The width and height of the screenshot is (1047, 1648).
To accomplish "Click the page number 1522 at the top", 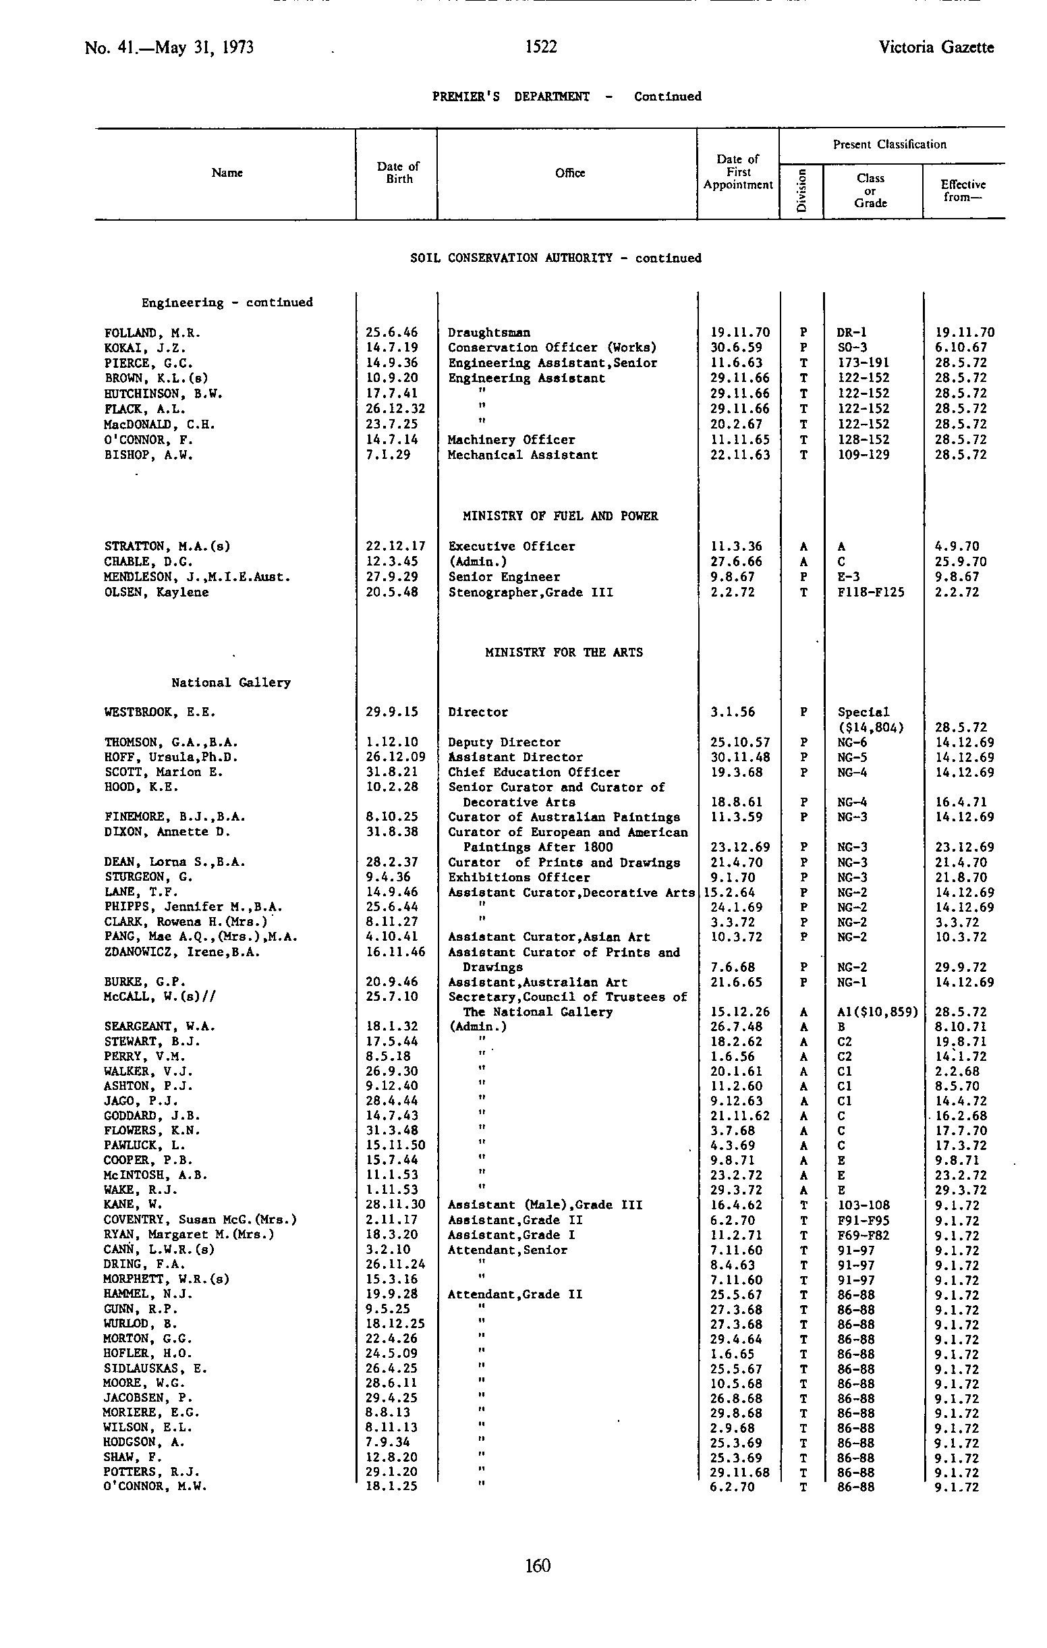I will point(540,47).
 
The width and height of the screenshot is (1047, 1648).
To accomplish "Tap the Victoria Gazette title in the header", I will point(936,47).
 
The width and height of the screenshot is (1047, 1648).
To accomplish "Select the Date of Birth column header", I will point(398,173).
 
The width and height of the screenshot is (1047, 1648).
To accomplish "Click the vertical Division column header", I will point(801,191).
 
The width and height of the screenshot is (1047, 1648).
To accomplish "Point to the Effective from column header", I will point(962,191).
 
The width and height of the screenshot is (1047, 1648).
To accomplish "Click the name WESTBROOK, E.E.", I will point(159,712).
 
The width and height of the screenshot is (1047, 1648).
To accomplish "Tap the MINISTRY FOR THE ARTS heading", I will point(564,652).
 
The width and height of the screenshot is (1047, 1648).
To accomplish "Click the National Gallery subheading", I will point(231,682).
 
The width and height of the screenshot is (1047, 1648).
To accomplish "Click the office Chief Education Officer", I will point(534,772).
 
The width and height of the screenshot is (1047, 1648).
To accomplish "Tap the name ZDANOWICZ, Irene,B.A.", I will point(182,952).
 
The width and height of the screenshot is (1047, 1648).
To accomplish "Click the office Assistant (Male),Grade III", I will point(544,1205).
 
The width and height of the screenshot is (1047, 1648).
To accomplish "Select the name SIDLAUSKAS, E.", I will point(155,1368).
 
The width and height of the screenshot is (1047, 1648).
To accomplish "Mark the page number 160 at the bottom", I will point(538,1565).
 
